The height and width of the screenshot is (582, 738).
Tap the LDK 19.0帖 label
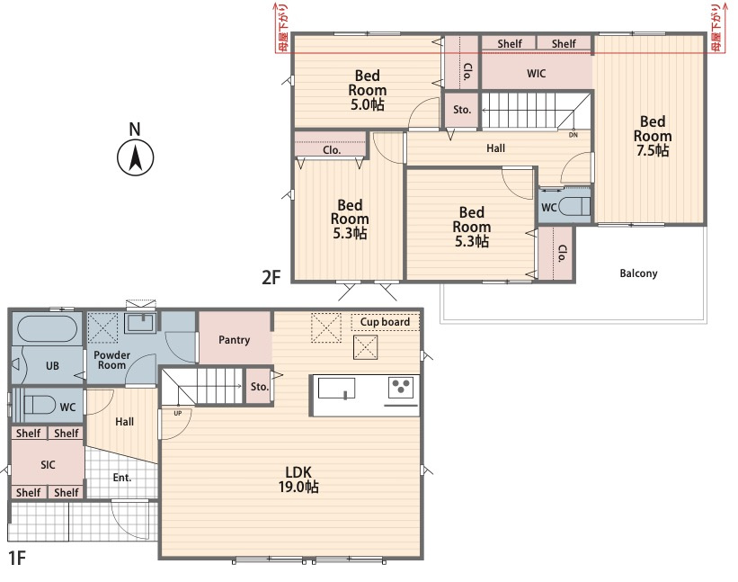click(298, 479)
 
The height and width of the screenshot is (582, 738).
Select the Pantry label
click(234, 340)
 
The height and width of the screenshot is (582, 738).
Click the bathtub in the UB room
click(47, 328)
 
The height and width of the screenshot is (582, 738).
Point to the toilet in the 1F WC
click(39, 405)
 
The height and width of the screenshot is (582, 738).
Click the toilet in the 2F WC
click(574, 206)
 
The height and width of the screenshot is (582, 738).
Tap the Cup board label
click(385, 322)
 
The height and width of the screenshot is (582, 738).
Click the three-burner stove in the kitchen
click(401, 388)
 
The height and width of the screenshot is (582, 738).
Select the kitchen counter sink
click(336, 389)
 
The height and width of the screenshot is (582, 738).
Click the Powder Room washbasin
click(140, 323)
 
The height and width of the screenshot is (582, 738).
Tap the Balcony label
click(638, 273)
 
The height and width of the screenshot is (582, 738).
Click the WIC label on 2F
click(536, 74)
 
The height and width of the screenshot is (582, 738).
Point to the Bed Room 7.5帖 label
click(653, 136)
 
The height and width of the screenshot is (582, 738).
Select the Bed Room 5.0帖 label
click(367, 90)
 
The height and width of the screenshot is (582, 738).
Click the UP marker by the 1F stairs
click(177, 414)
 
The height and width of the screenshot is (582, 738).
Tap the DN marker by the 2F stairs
click(574, 135)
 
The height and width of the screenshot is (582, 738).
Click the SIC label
click(48, 465)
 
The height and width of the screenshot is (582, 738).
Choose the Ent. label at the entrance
click(122, 478)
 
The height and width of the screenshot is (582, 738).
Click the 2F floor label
click(271, 277)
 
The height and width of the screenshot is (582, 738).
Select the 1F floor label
click(17, 558)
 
